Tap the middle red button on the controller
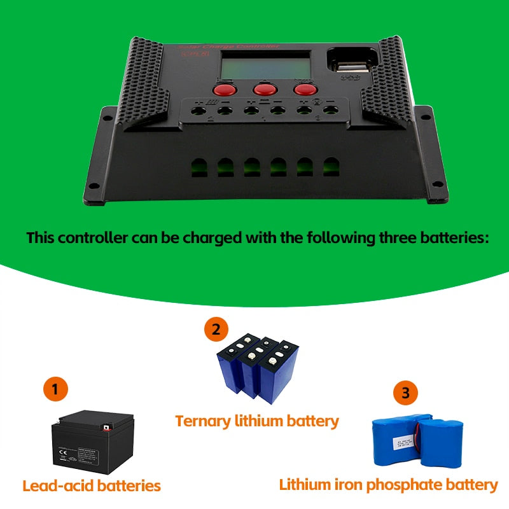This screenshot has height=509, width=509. (263, 89)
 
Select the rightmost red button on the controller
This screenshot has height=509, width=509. (305, 90)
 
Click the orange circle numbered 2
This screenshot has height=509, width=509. (216, 330)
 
